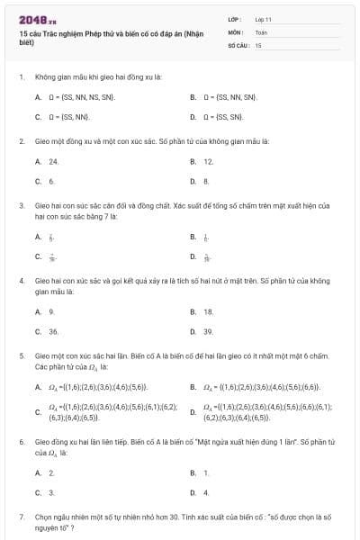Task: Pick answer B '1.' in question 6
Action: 206,472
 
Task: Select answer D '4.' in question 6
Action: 206,492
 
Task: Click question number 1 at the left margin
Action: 21,77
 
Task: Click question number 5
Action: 21,355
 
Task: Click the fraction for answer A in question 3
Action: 51,237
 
